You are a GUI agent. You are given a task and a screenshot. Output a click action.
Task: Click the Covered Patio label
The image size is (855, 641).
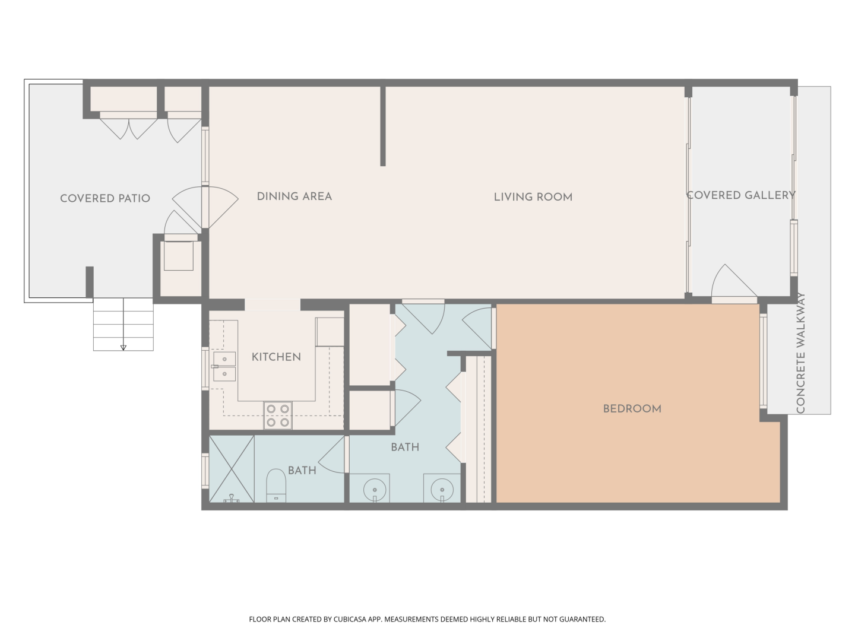pos(105,198)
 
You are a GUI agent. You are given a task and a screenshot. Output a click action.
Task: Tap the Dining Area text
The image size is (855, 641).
pos(294,196)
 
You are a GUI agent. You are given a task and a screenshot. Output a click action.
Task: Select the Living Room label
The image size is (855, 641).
pos(533,197)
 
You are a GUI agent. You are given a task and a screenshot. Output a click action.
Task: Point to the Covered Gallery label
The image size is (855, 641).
pos(741,195)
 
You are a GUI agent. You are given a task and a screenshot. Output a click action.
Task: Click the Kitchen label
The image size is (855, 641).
pos(276,357)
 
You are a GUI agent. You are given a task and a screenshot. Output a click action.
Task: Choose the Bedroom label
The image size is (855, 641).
pos(632,409)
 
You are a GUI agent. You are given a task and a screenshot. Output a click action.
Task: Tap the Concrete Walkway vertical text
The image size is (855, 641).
pos(801,353)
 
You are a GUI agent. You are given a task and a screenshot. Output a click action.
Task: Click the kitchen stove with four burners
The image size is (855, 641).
pos(278,415)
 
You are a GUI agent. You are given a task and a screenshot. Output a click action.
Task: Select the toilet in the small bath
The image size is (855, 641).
pos(276,485)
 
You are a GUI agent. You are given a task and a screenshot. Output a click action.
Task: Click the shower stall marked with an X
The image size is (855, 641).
pos(232,469)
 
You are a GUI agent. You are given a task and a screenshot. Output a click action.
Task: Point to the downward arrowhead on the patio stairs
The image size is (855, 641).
pos(123,348)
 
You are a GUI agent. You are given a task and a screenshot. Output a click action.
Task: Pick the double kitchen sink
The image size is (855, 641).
pos(224,367)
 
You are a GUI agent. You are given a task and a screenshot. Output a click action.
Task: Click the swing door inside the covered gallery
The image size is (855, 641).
pos(734,281)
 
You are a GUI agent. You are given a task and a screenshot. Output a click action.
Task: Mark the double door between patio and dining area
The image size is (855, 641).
pos(205,207)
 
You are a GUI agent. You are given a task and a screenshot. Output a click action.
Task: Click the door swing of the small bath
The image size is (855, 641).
pos(332,455)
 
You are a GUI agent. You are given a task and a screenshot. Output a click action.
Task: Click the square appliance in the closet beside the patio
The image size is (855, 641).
pos(179,256)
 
